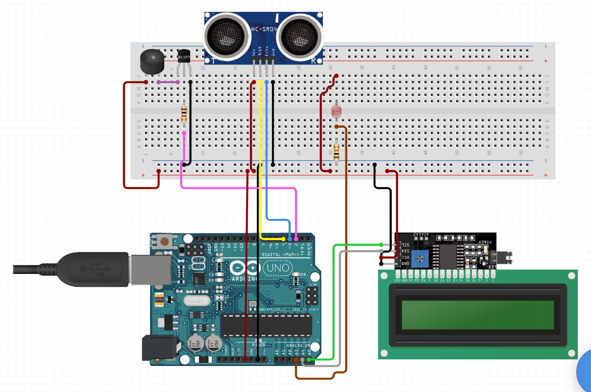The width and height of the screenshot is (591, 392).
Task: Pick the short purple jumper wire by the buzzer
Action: [168, 82]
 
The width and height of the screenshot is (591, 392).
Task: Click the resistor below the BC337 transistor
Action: [184, 113]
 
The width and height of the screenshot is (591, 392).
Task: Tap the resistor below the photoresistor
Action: [336, 151]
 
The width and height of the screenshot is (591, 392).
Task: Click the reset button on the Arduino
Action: [164, 241]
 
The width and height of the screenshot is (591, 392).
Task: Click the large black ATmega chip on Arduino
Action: [266, 325]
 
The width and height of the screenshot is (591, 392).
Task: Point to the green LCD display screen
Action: [478, 315]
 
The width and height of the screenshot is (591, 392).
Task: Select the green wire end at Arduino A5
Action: [310, 359]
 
